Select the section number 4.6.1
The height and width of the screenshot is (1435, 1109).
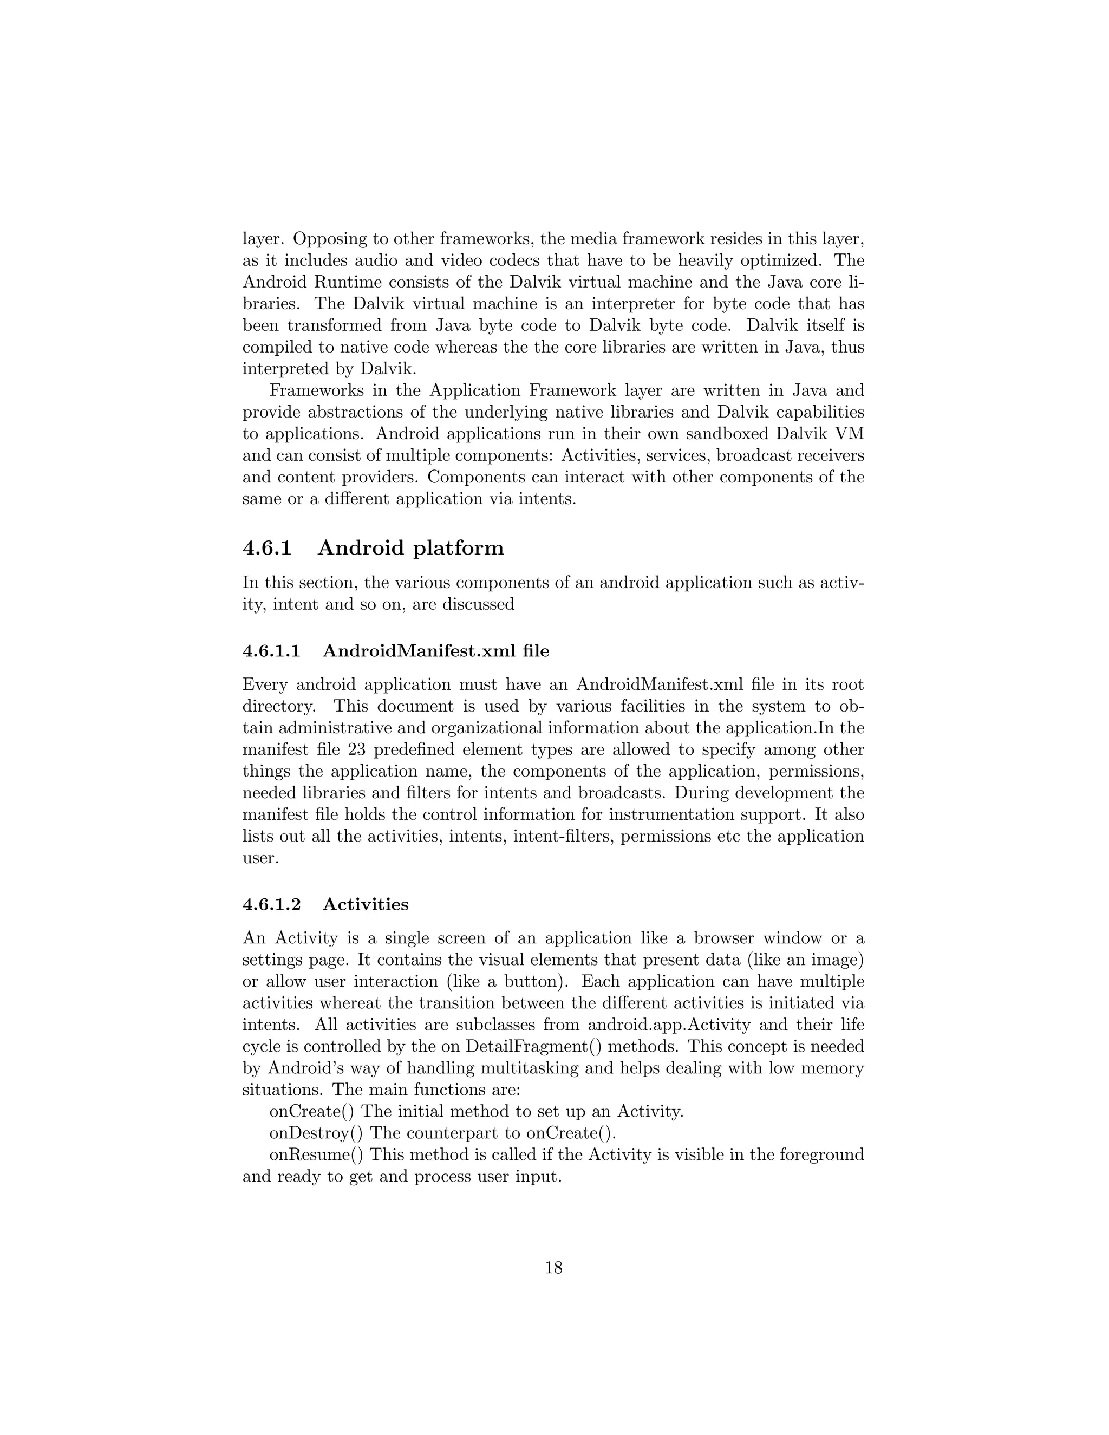coord(267,548)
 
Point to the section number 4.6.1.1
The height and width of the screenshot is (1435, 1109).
coord(271,651)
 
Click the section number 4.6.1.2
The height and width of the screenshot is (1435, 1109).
coord(271,905)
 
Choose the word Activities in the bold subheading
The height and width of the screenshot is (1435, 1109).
coord(366,905)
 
